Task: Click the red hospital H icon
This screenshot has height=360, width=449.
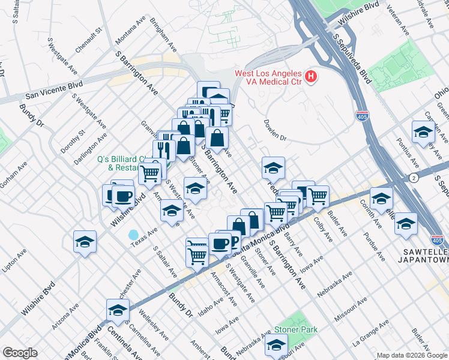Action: click(310, 77)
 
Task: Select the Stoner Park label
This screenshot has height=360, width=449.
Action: click(296, 329)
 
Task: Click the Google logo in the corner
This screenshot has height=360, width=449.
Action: click(20, 353)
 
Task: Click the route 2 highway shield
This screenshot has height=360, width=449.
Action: click(414, 178)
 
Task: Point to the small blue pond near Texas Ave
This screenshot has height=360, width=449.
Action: click(133, 234)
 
